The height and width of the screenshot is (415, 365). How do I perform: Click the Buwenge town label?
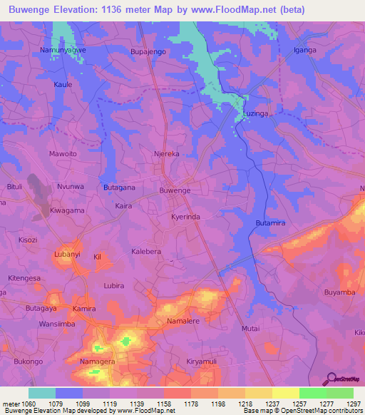tap(175, 191)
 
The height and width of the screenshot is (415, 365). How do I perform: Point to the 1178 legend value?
tap(190, 403)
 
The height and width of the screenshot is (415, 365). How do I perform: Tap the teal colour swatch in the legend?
tap(41, 393)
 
